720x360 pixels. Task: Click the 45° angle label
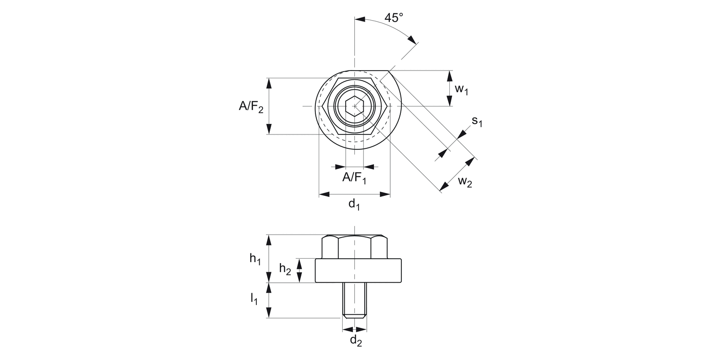[394, 18]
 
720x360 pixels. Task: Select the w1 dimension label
[461, 89]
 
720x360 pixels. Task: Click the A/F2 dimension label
[252, 107]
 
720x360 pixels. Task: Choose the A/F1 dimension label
[354, 178]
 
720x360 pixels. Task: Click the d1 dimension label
[354, 204]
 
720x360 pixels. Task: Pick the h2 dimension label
[285, 269]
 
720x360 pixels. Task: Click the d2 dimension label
[355, 340]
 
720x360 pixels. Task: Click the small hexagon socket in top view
[355, 106]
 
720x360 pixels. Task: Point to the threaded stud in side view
[355, 300]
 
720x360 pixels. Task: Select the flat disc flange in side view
[358, 271]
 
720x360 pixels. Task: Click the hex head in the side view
[355, 247]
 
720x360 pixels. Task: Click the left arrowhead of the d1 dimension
[324, 194]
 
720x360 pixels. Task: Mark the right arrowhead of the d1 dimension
[385, 194]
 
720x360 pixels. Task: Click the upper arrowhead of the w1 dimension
[449, 75]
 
